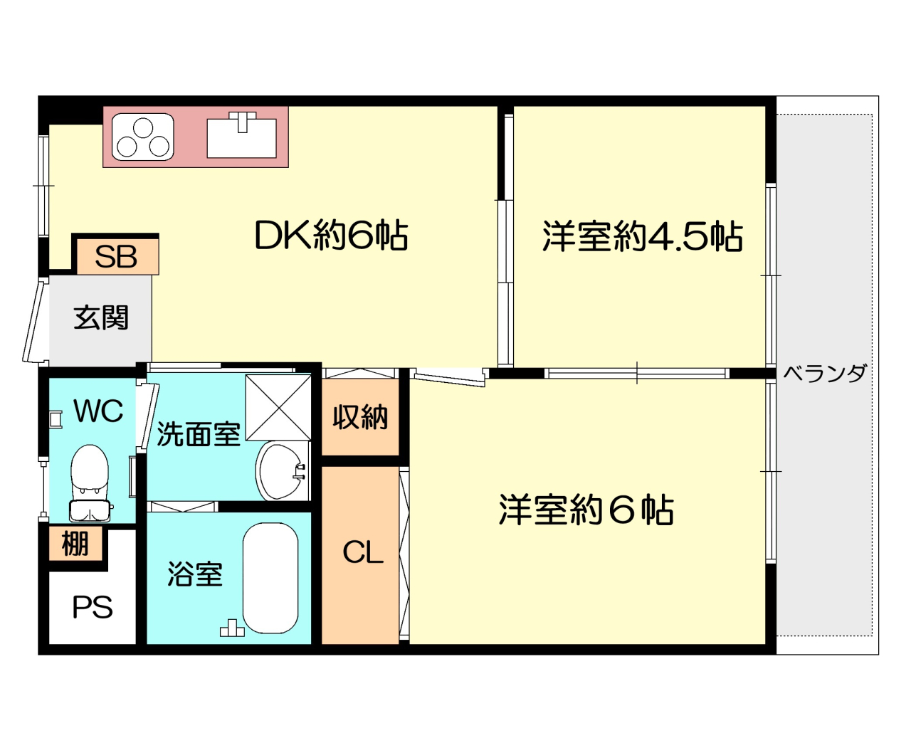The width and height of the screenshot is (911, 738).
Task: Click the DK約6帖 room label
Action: [x=331, y=235]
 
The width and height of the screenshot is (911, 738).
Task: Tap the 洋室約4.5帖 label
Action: [x=643, y=236]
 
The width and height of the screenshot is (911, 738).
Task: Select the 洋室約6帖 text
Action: [x=586, y=510]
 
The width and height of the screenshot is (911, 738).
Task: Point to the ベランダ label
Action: [x=824, y=374]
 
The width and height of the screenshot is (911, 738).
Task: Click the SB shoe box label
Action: [x=116, y=256]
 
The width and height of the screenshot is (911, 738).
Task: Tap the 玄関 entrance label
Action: [x=101, y=317]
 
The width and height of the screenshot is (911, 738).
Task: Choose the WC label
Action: [x=98, y=411]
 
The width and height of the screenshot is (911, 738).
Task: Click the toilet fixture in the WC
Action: [x=90, y=483]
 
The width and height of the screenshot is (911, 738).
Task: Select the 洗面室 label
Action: [x=199, y=433]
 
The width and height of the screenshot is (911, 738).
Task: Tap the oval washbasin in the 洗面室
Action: [x=283, y=470]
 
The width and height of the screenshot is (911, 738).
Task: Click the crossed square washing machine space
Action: [x=278, y=408]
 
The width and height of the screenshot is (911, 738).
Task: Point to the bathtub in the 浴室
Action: [x=270, y=578]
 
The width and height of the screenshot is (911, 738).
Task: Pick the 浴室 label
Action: [x=195, y=574]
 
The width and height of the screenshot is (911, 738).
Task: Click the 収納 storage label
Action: [x=360, y=417]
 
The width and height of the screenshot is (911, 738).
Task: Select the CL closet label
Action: [x=363, y=552]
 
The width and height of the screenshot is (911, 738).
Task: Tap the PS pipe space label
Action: [x=93, y=607]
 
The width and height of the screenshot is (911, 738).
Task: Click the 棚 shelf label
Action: [x=75, y=544]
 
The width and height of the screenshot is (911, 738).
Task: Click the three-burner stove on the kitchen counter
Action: [x=143, y=137]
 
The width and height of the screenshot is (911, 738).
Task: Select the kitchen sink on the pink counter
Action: [x=242, y=136]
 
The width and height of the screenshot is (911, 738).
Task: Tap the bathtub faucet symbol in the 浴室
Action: [x=232, y=628]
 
